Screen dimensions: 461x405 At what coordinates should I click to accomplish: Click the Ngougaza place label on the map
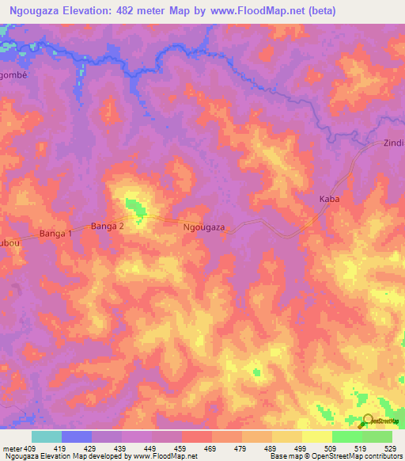pos(204,227)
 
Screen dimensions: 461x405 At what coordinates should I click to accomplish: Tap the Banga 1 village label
pos(55,234)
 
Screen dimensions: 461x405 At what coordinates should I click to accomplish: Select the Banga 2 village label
pos(108,227)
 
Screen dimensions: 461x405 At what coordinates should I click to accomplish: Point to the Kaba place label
pos(329,200)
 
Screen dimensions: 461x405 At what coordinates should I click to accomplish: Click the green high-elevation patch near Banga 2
pos(136,209)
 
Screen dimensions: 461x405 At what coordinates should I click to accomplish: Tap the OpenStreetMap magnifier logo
pos(369,422)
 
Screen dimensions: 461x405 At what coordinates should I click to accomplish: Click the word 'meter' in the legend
pos(13,448)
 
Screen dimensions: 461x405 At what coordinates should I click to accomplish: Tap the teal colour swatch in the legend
pos(47,436)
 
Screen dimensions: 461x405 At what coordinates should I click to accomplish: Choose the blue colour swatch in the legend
pos(77,436)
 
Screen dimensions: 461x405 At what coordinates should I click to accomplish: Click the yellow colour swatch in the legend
pos(316,436)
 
